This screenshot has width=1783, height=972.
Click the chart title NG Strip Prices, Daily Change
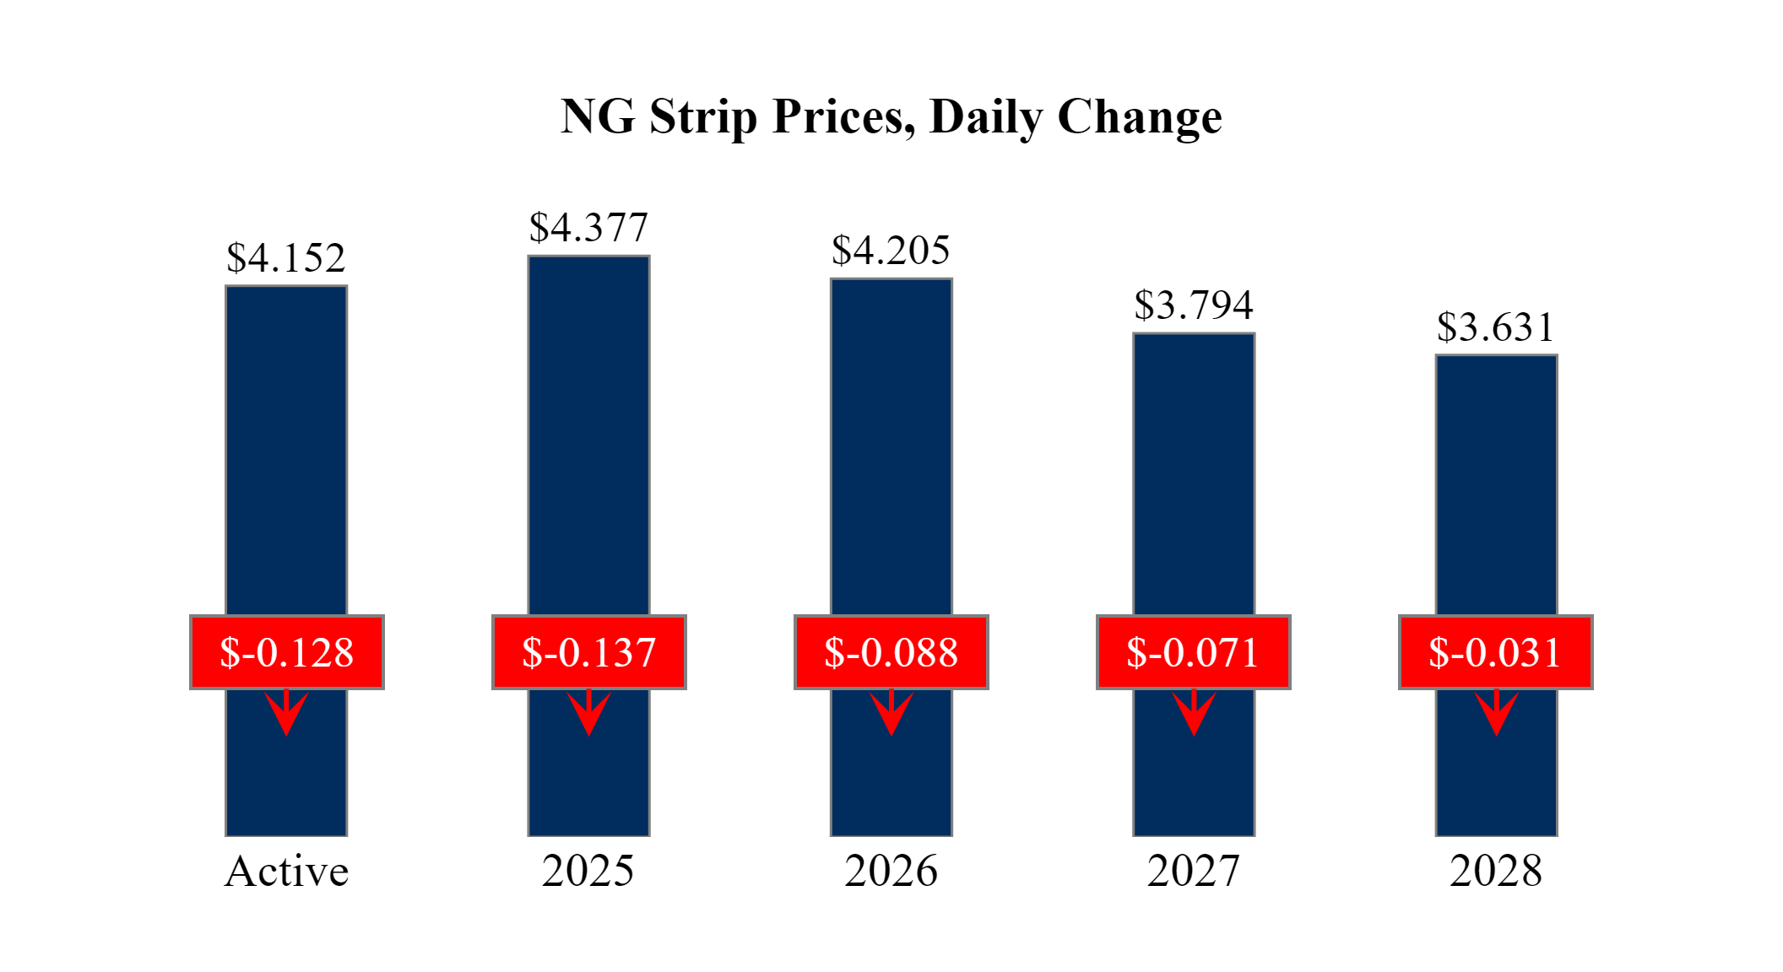coord(891,116)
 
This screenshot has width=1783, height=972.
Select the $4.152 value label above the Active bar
coord(286,258)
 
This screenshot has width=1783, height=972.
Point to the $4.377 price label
coord(588,228)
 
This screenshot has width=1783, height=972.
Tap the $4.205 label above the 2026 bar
coord(891,251)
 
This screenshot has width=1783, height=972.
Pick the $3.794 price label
coord(1194,305)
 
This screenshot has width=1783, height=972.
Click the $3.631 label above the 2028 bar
coord(1495,327)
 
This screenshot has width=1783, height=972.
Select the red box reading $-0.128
coord(287,652)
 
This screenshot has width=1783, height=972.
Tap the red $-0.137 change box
coord(589,652)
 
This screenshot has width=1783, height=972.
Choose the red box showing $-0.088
coord(891,652)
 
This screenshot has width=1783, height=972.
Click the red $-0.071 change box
coord(1194,652)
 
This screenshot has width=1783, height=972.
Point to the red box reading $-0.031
coord(1496,652)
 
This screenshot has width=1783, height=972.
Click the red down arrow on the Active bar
coord(287,713)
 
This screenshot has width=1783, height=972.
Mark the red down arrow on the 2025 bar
coord(589,713)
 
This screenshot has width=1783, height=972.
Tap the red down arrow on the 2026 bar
coord(891,713)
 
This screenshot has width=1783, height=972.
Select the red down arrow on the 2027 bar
coord(1194,713)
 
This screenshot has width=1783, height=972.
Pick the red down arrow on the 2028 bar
coord(1497,713)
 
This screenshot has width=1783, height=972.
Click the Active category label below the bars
coord(286,872)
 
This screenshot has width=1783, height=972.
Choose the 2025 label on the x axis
coord(588,872)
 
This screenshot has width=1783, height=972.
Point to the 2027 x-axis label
coord(1194,872)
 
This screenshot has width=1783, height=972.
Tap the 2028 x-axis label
coord(1496,872)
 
